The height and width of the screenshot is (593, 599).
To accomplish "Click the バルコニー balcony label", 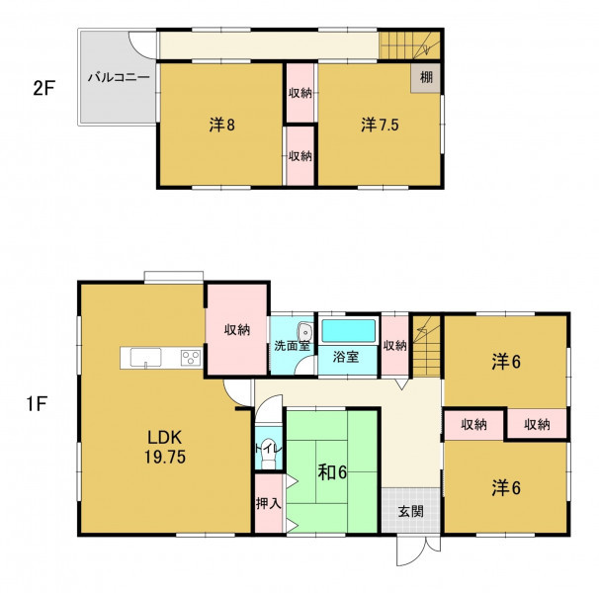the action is point(119,77).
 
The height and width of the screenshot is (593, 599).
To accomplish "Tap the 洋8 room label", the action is point(222,125).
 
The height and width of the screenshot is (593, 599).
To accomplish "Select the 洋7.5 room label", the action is point(380,125).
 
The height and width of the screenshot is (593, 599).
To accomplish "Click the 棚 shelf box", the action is point(426,77).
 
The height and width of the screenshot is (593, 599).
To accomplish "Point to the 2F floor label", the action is point(43,89).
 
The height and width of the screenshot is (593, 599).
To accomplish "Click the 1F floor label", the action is point(37,403).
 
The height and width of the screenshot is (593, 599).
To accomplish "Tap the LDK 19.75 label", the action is point(165,447).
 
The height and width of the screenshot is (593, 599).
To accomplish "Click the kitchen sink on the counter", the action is point(145,358).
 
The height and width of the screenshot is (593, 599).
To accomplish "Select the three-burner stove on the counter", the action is point(191,358).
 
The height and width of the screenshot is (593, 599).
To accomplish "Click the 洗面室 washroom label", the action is point(292,345).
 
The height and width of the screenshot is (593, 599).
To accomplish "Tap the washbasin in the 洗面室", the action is point(305,331).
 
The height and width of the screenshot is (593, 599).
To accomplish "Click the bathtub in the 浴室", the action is point(348,331).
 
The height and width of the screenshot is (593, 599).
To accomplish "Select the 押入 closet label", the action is point(269,503).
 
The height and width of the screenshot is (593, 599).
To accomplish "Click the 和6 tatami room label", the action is point(332,472).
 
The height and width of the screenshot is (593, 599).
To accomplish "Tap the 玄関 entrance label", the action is point(410,511).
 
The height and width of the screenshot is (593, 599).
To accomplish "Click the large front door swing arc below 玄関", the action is point(409,558).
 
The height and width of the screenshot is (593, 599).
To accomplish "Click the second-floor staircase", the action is point(409,45).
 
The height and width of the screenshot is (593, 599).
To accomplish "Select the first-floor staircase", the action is point(426,346).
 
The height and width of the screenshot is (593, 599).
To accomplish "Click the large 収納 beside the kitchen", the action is point(237,329).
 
